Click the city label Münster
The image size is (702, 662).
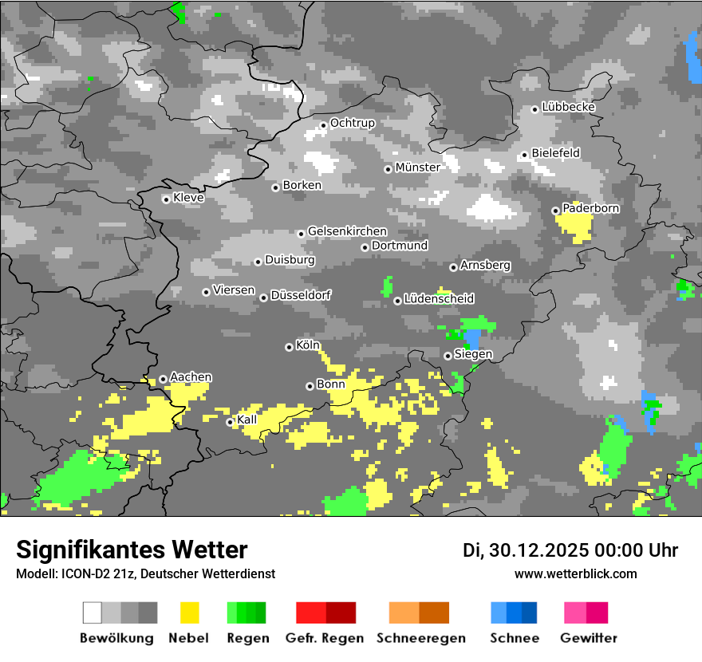click(x=417, y=167)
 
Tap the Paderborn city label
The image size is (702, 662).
click(x=590, y=208)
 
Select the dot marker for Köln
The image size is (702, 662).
click(x=289, y=347)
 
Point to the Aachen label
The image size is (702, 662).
click(x=191, y=377)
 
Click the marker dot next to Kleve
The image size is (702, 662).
click(x=166, y=199)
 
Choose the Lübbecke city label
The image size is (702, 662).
click(x=568, y=107)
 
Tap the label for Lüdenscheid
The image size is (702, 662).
click(x=439, y=299)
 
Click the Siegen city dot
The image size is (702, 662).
click(x=448, y=356)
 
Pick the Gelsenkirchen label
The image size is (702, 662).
click(x=347, y=231)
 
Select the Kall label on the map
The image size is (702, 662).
click(x=247, y=420)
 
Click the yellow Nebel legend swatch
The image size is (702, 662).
click(x=189, y=613)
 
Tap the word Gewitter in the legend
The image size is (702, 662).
click(x=588, y=638)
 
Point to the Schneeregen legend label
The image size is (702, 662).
click(x=421, y=638)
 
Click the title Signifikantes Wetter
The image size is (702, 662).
click(x=132, y=550)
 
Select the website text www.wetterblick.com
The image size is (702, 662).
click(x=575, y=573)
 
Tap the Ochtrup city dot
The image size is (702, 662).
click(x=323, y=124)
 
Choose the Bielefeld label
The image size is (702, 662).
click(x=555, y=152)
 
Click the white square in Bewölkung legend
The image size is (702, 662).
click(x=93, y=613)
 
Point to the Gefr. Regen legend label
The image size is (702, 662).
click(x=325, y=638)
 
